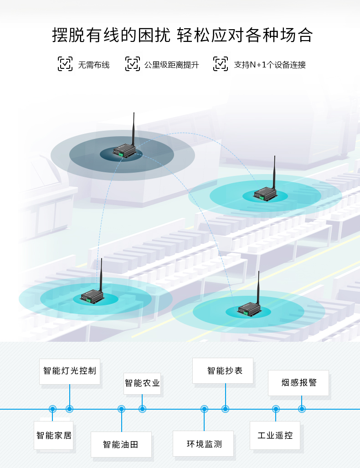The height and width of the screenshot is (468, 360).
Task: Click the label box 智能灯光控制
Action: click(70, 370)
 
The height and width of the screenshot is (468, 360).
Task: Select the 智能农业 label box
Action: click(142, 383)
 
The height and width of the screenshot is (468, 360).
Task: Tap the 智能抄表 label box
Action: click(225, 370)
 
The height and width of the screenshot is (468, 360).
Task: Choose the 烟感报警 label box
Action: click(298, 382)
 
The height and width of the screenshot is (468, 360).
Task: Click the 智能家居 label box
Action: click(54, 435)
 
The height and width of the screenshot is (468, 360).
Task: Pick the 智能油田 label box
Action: click(121, 444)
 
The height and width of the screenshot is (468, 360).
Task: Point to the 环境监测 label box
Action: click(203, 444)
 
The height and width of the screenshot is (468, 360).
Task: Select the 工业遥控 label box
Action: click(275, 435)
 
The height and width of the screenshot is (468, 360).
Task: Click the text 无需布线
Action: click(93, 65)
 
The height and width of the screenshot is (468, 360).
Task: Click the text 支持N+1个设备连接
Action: click(270, 65)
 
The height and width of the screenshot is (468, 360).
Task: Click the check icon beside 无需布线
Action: click(65, 64)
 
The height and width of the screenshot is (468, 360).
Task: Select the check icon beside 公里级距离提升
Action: click(133, 64)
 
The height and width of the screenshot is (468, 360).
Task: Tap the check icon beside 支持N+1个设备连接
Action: click(221, 64)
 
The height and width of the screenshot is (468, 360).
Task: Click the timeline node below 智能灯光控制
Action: click(69, 409)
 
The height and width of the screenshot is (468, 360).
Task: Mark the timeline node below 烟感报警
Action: click(302, 409)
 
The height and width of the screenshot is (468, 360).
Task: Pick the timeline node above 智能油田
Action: click(121, 409)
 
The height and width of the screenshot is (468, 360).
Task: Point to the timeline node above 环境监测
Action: click(204, 409)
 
